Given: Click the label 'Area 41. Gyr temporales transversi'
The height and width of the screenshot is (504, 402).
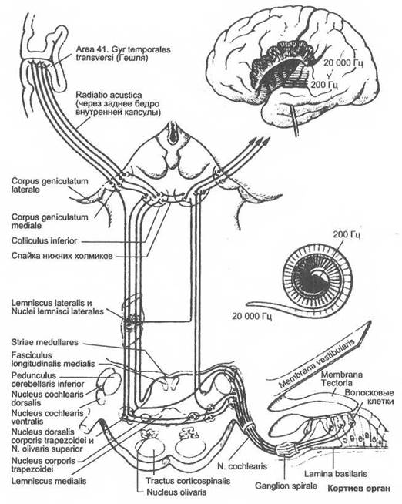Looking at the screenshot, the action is (x=123, y=54).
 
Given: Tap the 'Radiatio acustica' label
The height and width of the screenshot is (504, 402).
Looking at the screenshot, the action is (x=109, y=95).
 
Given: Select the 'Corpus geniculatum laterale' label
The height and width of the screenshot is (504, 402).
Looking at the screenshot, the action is (x=49, y=185).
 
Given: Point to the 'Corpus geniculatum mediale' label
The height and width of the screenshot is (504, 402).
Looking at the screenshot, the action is (x=49, y=221).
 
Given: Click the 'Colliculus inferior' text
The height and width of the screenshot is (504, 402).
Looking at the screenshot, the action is (x=45, y=240).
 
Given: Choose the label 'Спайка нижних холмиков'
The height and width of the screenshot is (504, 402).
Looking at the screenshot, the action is (x=62, y=256).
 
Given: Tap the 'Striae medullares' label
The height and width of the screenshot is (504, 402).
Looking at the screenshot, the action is (x=45, y=342).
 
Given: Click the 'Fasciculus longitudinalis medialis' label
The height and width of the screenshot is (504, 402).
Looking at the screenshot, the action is (x=53, y=359).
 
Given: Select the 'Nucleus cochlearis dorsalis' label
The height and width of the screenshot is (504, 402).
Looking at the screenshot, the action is (x=47, y=398).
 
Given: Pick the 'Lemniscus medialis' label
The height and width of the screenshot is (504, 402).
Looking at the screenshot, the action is (x=49, y=481).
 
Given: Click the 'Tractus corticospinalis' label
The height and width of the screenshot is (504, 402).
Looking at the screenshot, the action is (x=188, y=481).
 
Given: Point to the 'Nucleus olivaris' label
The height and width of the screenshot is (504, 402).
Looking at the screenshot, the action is (x=176, y=492).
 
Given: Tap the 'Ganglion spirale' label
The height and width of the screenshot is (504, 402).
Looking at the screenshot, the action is (x=286, y=486).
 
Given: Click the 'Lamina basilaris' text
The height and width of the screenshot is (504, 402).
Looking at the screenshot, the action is (x=336, y=474).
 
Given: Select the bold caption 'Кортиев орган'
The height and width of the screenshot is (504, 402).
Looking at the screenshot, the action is (x=359, y=489).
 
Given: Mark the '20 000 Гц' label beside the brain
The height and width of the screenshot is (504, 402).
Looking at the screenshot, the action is (x=343, y=63).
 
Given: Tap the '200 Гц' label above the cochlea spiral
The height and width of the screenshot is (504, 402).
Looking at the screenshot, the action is (x=347, y=234).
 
